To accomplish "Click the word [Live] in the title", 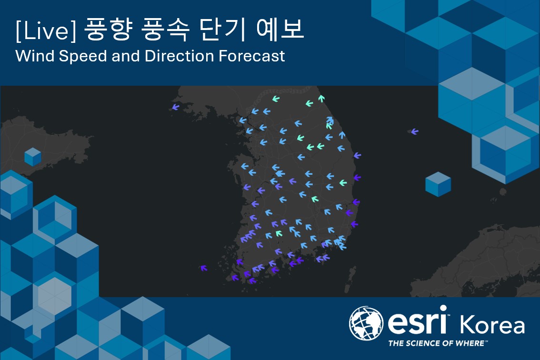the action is click(x=45, y=30).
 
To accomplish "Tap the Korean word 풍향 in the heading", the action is click(x=108, y=30).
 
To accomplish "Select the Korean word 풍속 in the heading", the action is click(x=165, y=30).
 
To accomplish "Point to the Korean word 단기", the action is click(x=222, y=30).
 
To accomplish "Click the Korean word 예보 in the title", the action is click(x=280, y=29).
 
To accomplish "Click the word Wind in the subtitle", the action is click(x=35, y=56).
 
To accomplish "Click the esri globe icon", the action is click(x=366, y=323).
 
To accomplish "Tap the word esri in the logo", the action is click(x=418, y=320).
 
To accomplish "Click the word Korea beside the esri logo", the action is click(x=492, y=324).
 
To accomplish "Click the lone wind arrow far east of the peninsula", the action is click(x=415, y=131).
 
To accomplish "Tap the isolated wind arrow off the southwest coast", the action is click(x=203, y=268).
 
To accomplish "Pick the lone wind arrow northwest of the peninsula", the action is click(x=176, y=107).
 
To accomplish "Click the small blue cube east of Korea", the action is click(x=438, y=184).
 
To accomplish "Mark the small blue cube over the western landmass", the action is click(x=33, y=157).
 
